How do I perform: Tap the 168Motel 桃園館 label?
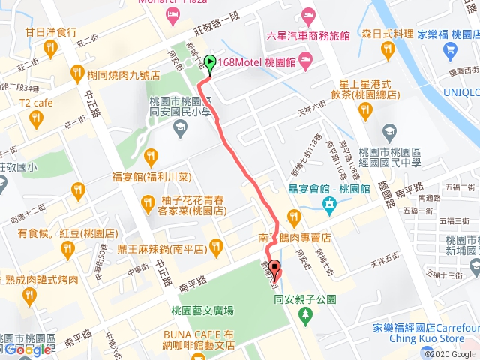tap(256, 61)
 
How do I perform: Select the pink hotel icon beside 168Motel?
tap(305, 60)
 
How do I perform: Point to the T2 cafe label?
tap(34, 103)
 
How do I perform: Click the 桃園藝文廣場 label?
tap(202, 310)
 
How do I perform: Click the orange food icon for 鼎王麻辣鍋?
tap(217, 244)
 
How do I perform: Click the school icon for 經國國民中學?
tap(388, 133)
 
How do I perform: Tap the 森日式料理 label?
tap(387, 34)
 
